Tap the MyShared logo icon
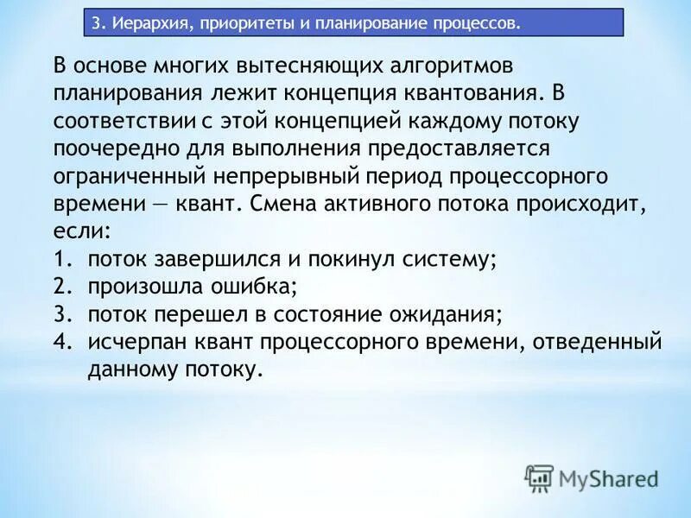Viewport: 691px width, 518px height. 540,477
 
